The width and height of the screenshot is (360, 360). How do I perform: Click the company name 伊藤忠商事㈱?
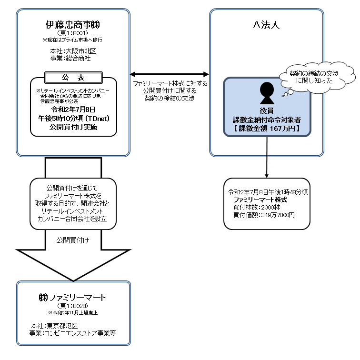click(x=73, y=24)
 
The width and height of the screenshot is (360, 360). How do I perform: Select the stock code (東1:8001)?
click(x=73, y=33)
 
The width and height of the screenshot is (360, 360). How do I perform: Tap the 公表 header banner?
click(x=73, y=77)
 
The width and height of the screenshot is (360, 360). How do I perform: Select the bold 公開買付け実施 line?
click(x=73, y=127)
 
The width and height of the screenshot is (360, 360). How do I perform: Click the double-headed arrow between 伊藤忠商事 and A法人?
click(x=170, y=74)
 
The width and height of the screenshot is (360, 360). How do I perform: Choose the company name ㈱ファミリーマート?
click(x=73, y=298)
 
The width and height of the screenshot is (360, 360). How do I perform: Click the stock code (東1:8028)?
click(x=73, y=306)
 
